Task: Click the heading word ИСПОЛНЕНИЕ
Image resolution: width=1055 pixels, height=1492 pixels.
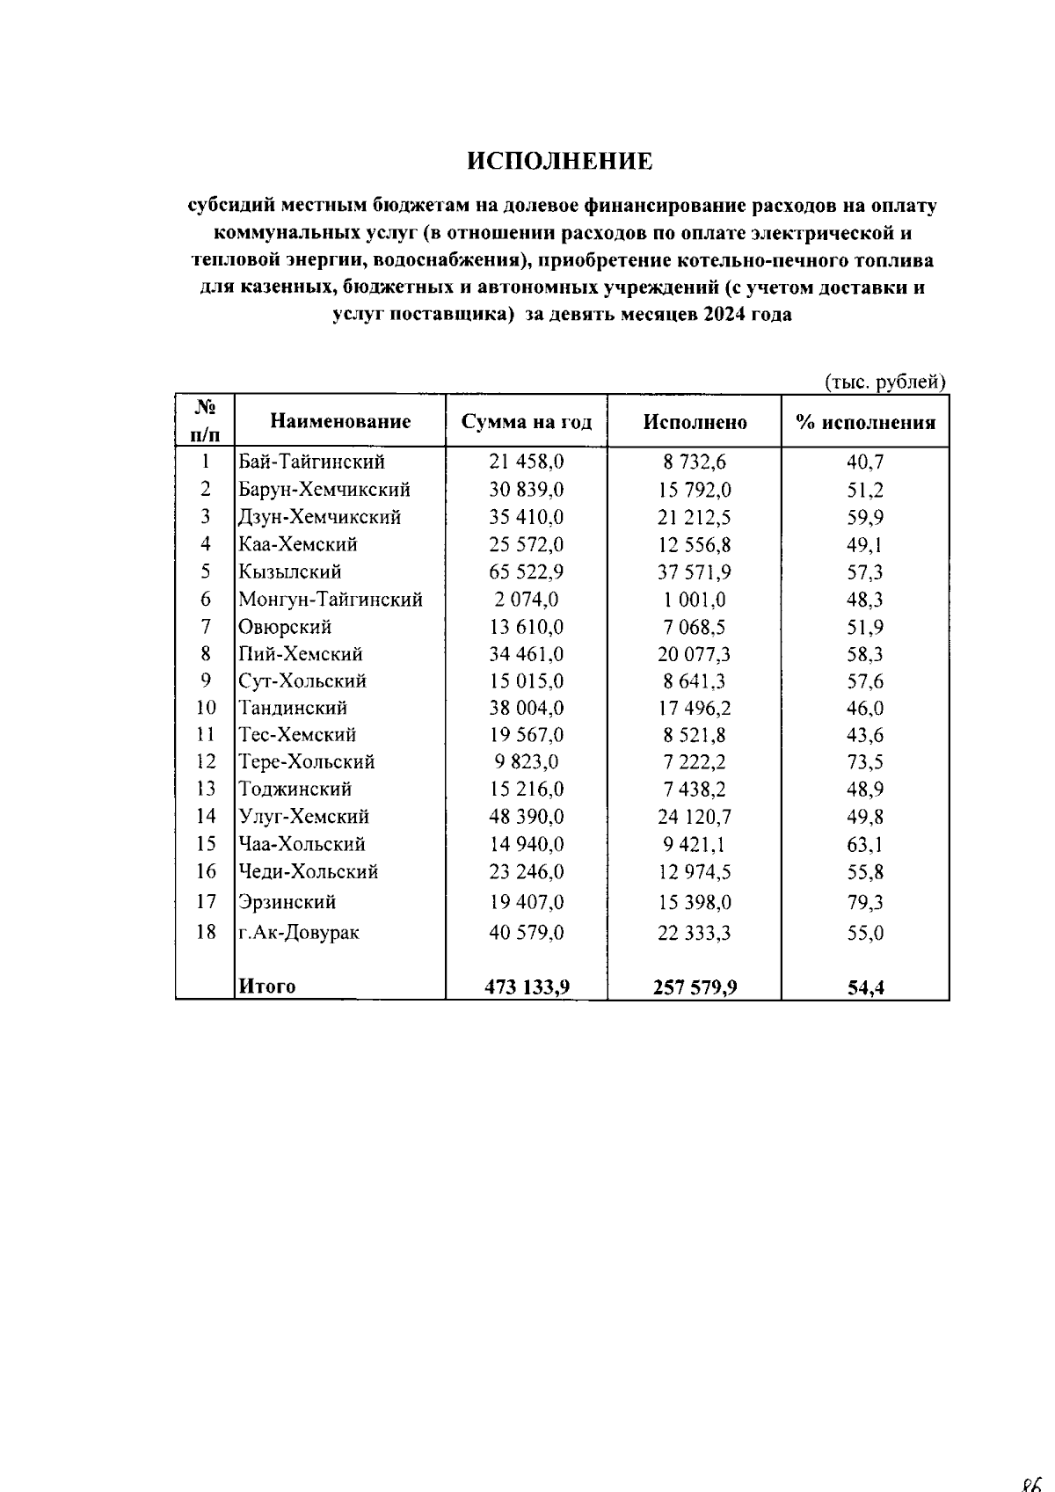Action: [560, 162]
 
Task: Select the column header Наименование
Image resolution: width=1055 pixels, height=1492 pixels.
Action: [340, 421]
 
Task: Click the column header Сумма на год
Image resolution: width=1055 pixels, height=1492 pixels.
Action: [527, 422]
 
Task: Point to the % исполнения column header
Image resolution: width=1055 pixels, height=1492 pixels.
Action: [865, 422]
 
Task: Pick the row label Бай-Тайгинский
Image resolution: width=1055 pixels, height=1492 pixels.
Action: [311, 462]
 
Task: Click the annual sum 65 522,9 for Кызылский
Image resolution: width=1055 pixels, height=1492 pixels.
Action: [527, 572]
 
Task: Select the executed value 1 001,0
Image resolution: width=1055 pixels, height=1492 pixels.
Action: [695, 600]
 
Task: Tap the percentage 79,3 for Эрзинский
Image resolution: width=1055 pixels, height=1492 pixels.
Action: [865, 902]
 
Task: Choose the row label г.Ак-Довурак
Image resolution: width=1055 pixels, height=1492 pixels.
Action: [299, 932]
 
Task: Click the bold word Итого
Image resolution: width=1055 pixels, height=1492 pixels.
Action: [267, 986]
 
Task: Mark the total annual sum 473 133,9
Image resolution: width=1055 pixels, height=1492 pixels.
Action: [527, 987]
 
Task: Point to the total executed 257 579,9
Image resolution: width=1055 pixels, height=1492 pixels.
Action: [695, 987]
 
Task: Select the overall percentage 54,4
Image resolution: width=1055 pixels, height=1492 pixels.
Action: [865, 987]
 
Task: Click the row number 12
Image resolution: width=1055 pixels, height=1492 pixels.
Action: [206, 761]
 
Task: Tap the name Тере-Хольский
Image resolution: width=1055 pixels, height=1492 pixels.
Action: [306, 761]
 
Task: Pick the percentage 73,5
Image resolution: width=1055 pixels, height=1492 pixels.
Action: [865, 761]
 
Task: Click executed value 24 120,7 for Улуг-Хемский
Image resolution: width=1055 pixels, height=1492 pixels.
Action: [695, 817]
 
